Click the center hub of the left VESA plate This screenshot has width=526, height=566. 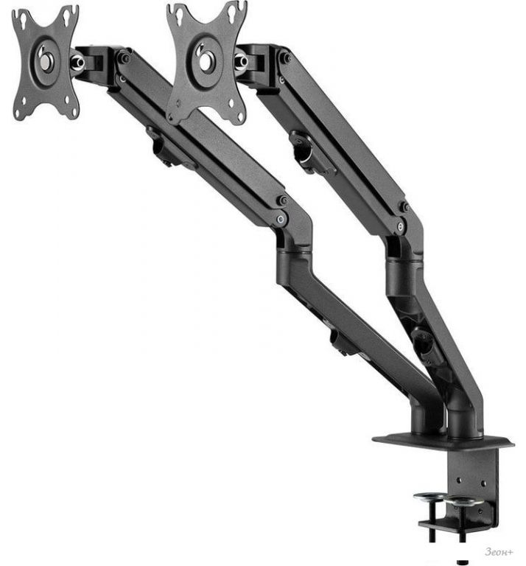(x=45, y=61)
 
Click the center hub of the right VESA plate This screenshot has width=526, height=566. (x=206, y=60)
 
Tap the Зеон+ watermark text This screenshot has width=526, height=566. (x=499, y=551)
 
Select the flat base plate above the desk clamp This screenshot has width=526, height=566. (x=443, y=441)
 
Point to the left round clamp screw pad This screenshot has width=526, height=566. (x=428, y=497)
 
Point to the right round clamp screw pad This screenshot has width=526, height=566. (x=464, y=500)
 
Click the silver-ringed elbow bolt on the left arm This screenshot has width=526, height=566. (x=281, y=219)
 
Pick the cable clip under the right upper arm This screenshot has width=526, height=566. (x=306, y=151)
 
